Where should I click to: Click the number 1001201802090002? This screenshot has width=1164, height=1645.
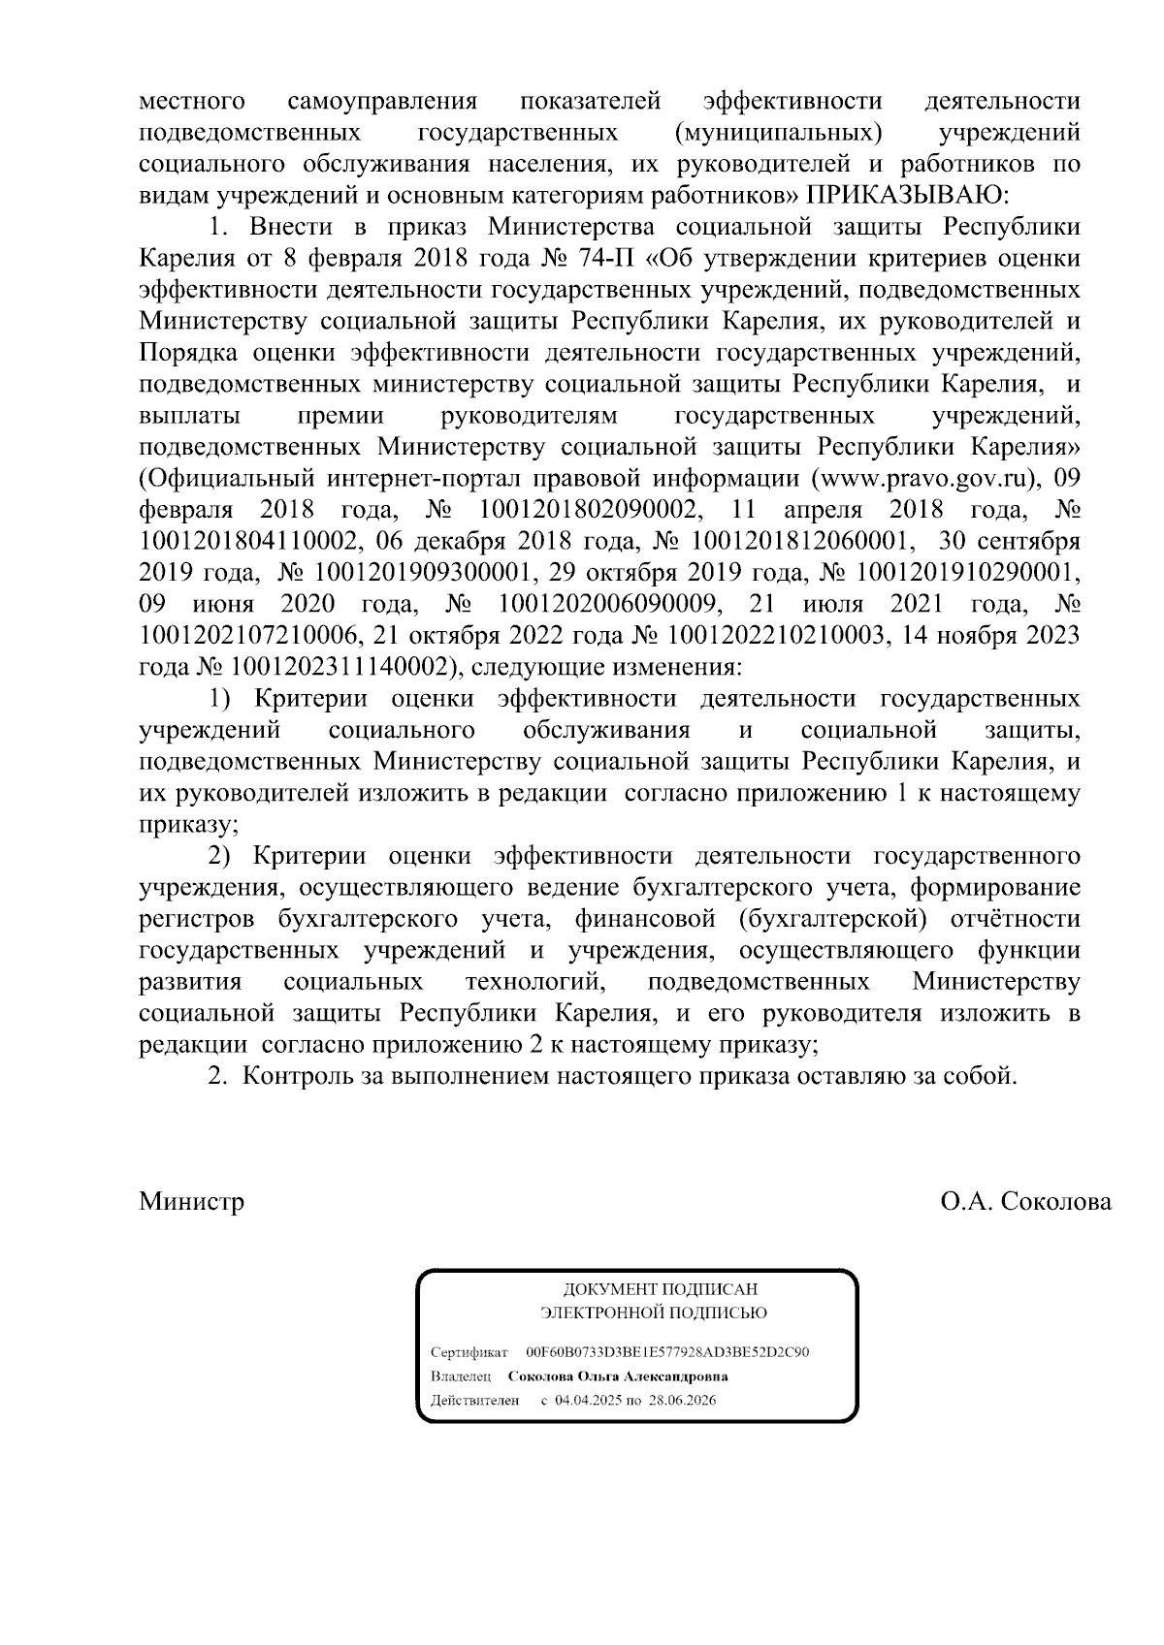(x=584, y=510)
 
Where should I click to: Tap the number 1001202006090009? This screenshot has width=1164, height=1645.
(x=608, y=605)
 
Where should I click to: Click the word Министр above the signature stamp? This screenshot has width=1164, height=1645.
(x=191, y=1202)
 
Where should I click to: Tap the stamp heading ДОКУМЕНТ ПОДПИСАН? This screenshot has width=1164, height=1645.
(x=660, y=1289)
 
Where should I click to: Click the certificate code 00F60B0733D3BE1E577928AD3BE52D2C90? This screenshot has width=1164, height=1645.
(x=667, y=1352)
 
